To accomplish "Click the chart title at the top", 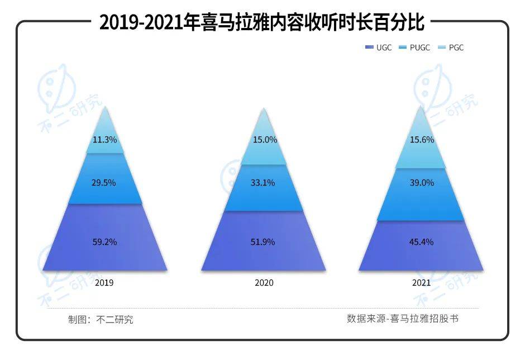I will tap(262, 23).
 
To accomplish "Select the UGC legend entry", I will tap(380, 48).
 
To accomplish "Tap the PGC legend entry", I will tap(452, 48).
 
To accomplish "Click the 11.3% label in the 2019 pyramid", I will tap(105, 140).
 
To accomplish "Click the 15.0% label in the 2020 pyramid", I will tap(265, 140).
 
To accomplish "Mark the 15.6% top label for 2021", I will tap(422, 140).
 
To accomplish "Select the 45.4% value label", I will tap(422, 242).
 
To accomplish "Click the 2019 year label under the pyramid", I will tap(104, 283).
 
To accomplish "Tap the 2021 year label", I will tap(422, 283).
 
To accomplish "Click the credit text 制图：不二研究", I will tap(101, 320).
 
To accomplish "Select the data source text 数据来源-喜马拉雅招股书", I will tap(402, 319).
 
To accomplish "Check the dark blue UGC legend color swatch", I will tap(369, 48).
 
